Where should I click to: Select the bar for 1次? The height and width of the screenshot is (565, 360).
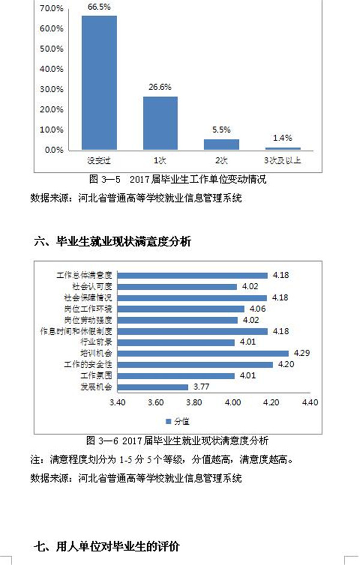[x=160, y=123]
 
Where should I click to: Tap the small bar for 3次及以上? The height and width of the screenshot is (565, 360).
[x=283, y=148]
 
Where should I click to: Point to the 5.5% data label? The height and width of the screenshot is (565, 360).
[x=221, y=130]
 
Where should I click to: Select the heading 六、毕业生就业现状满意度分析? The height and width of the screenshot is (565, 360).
[x=113, y=242]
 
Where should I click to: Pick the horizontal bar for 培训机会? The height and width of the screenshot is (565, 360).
[x=203, y=353]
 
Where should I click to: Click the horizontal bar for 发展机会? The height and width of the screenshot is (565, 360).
[x=152, y=387]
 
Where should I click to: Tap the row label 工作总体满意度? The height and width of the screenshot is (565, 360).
[x=85, y=275]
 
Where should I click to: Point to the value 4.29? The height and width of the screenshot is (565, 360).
[x=301, y=353]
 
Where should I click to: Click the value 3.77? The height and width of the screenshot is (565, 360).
[x=200, y=387]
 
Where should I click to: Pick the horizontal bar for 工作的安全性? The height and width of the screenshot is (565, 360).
[x=195, y=364]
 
